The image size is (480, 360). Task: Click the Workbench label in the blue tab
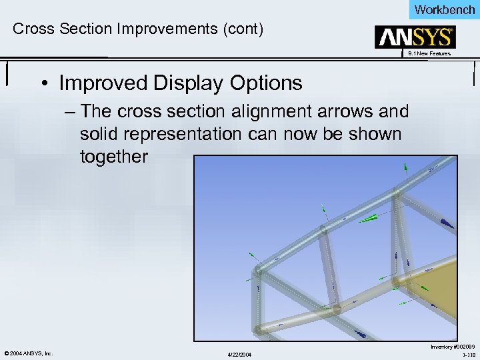coord(444,9)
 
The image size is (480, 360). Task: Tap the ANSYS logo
coord(414,37)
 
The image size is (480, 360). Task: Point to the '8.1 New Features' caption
coord(429,53)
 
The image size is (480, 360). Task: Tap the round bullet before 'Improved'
coord(45,84)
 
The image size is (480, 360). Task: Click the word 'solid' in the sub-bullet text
coord(98,133)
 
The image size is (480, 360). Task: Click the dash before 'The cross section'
coord(71,111)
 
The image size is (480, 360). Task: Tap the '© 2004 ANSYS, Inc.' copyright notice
coord(29,353)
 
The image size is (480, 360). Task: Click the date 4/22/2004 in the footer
coord(239,353)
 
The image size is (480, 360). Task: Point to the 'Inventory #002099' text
coord(453,346)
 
